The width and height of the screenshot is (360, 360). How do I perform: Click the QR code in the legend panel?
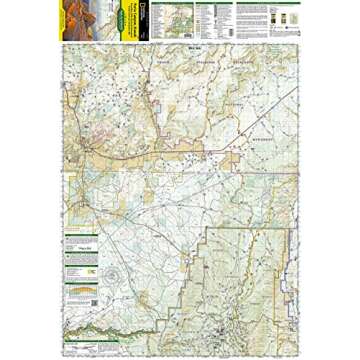tap(93, 269)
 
